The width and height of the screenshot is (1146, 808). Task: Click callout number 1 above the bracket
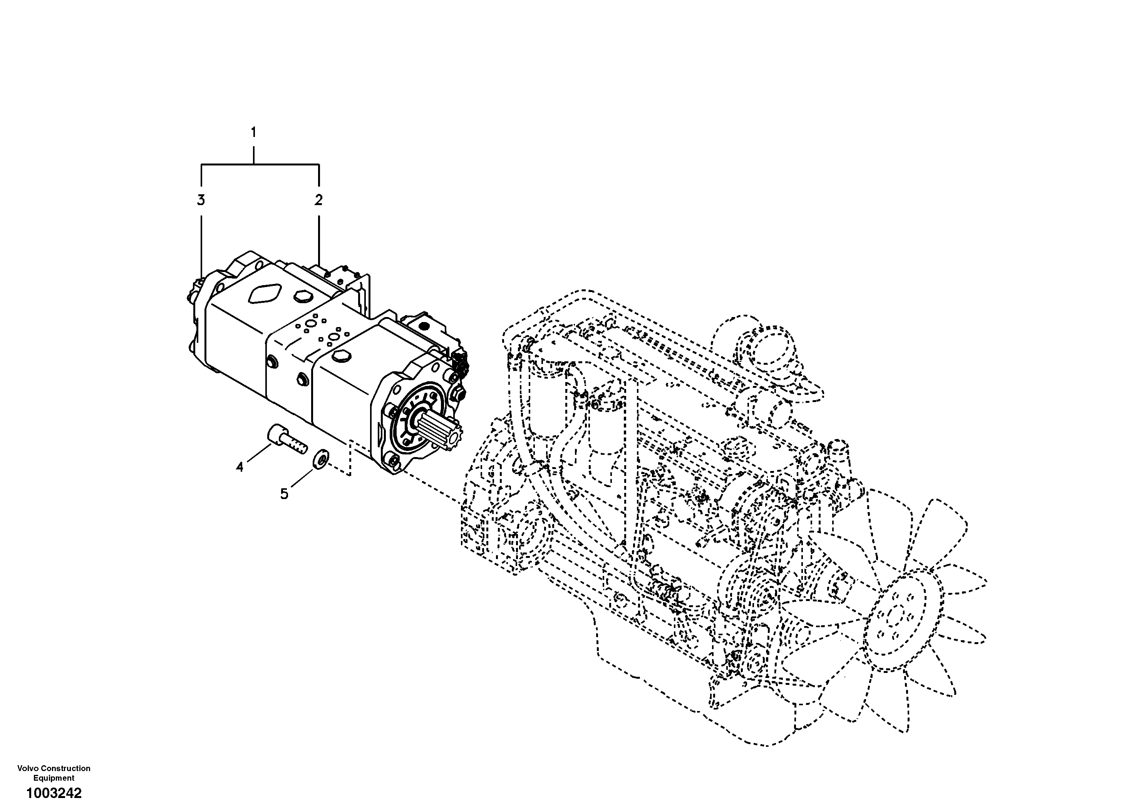253,133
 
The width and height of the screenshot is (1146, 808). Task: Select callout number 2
318,200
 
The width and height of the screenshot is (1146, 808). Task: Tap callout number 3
201,200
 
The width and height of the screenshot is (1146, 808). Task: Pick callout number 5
284,494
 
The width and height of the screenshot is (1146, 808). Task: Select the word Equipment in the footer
54,778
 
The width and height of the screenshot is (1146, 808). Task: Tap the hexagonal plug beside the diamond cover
301,297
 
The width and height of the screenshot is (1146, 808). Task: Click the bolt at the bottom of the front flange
394,464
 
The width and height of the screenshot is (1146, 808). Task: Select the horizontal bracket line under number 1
260,164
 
